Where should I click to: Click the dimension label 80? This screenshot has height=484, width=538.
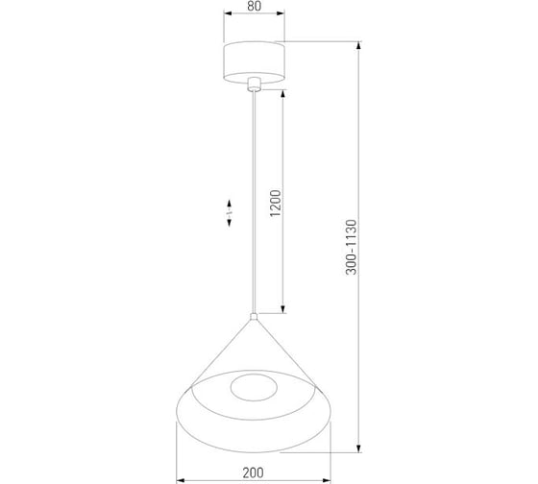(x=254, y=6)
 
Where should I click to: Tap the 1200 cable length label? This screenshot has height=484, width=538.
(x=276, y=203)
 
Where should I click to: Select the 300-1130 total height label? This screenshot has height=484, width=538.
(x=352, y=247)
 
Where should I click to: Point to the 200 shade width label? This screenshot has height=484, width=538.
(x=254, y=472)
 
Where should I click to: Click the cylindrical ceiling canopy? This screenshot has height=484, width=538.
(x=254, y=62)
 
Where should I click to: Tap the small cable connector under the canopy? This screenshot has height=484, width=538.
(x=254, y=85)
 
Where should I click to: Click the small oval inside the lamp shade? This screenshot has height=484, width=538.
(x=254, y=388)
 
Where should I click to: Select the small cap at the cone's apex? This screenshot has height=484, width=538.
(x=254, y=316)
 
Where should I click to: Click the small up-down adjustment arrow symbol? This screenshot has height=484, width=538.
(x=229, y=213)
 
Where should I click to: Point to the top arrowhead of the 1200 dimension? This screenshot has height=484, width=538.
(x=283, y=94)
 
